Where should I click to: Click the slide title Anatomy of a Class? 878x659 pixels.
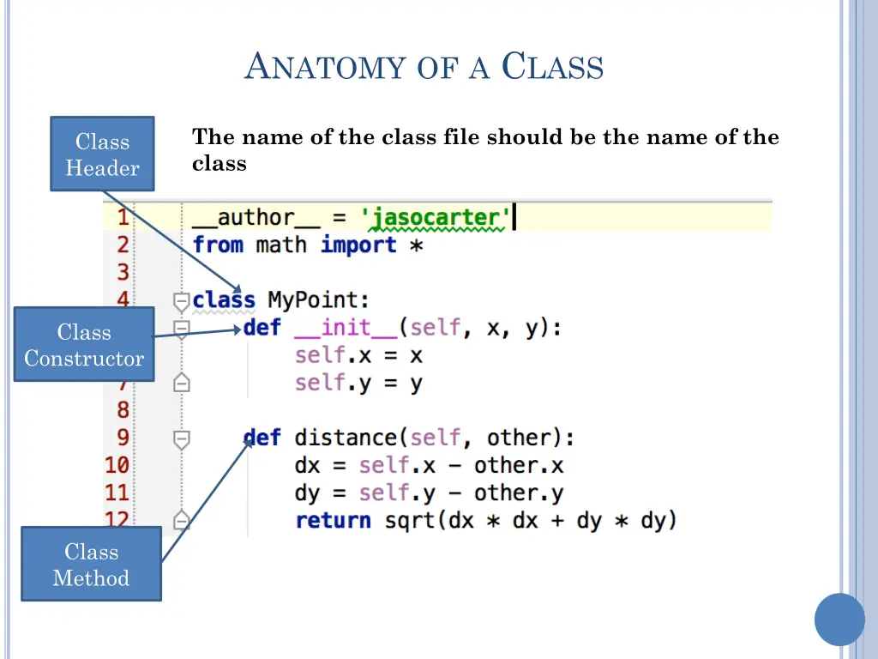424,67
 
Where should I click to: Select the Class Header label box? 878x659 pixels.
102,154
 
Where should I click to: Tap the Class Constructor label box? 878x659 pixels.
84,345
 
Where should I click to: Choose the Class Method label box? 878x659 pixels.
91,565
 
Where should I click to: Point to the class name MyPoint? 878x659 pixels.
318,300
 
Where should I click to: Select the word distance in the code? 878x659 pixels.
346,438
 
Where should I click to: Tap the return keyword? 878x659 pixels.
333,520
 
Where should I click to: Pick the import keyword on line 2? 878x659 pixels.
358,245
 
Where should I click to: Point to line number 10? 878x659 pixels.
117,465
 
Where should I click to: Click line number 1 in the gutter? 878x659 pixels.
122,218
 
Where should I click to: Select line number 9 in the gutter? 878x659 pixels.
123,438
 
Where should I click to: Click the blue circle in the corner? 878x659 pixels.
839,620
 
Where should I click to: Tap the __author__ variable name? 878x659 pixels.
244,218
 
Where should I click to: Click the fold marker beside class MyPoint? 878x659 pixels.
181,301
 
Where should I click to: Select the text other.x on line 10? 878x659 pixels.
519,465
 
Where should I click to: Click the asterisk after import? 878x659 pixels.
415,246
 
